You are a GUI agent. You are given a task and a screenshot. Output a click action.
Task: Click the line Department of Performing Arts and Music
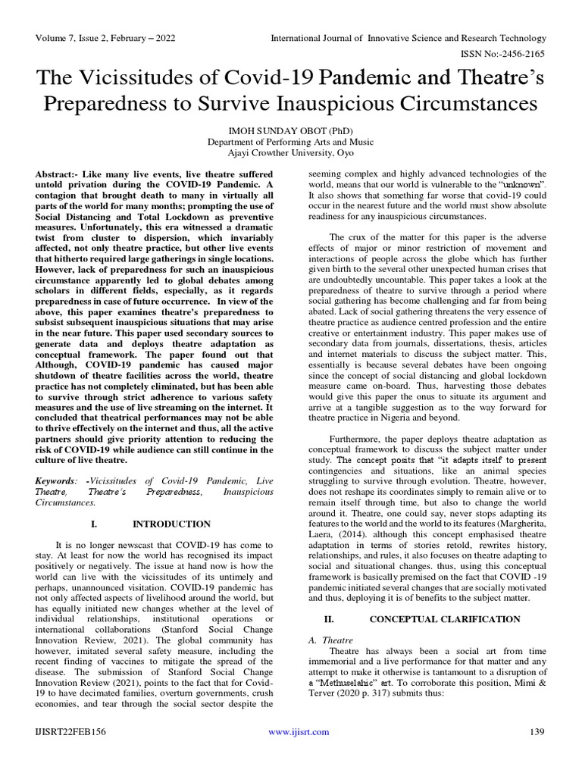(x=292, y=141)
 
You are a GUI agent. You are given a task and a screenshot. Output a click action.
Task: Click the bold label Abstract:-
(x=58, y=174)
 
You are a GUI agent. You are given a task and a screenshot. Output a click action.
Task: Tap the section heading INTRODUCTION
(x=172, y=524)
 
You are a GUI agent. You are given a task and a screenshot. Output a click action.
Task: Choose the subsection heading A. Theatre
(x=332, y=640)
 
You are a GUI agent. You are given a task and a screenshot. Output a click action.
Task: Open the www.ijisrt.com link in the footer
(x=299, y=731)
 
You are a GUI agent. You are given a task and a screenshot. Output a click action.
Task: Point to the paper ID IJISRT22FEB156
(x=70, y=731)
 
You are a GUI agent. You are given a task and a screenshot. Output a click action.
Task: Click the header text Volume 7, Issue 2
(x=72, y=37)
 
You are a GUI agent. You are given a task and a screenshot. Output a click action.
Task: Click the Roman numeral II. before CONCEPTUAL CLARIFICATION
(x=329, y=619)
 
